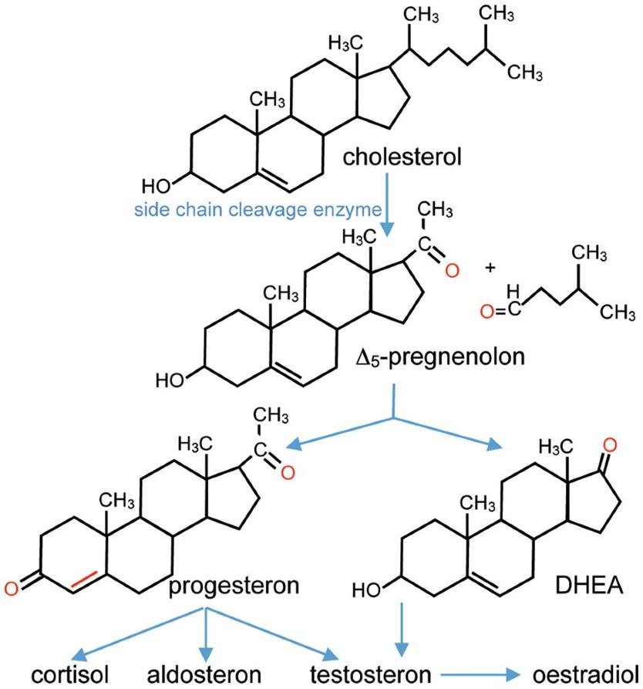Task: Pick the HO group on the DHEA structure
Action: [x=367, y=589]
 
